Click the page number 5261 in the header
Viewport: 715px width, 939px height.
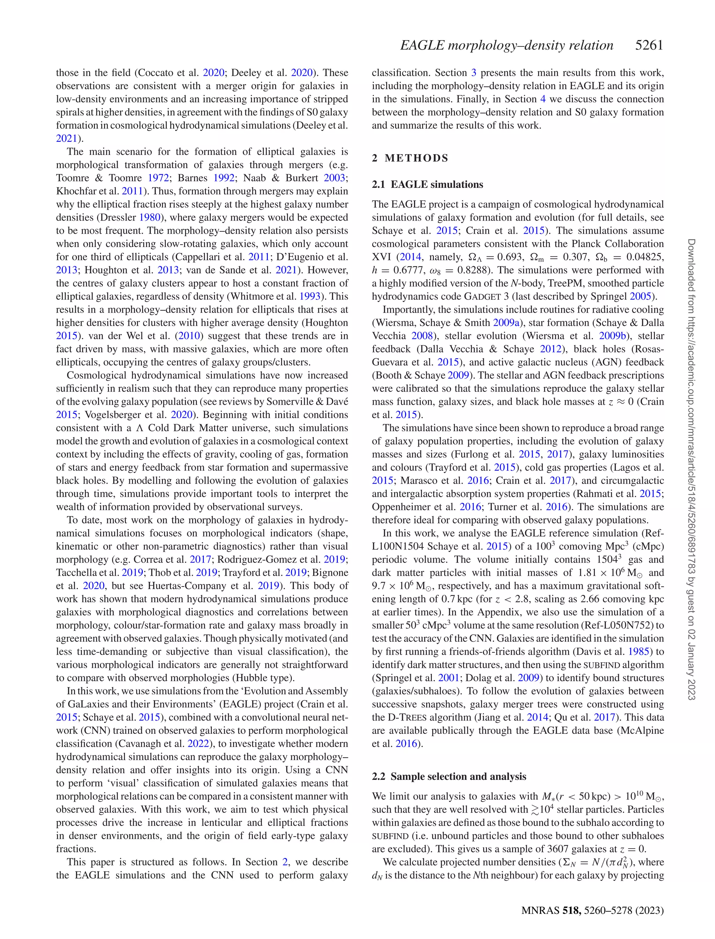(649, 45)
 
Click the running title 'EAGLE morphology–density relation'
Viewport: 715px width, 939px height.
(507, 45)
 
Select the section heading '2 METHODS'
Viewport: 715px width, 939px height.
(410, 158)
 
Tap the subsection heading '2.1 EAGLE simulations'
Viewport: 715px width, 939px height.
(427, 185)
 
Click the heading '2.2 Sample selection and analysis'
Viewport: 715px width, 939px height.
(449, 776)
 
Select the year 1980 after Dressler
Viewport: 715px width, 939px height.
(150, 217)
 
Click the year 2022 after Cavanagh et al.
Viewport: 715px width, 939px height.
(198, 744)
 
